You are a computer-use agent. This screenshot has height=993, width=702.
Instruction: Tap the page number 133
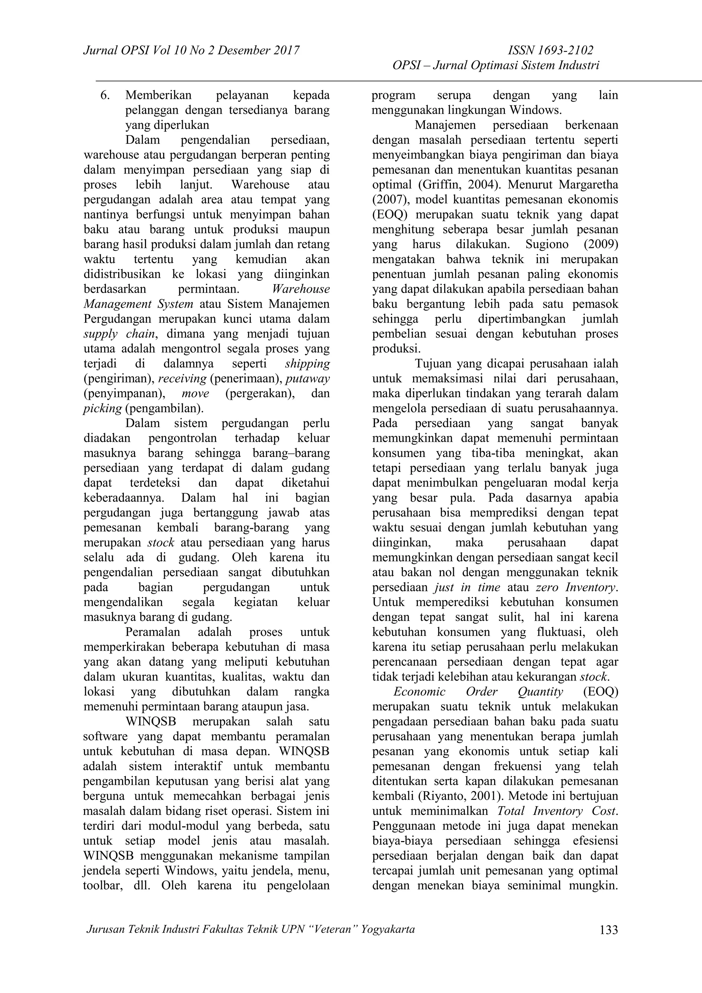(x=609, y=930)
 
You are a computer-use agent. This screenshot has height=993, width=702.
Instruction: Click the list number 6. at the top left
(x=105, y=95)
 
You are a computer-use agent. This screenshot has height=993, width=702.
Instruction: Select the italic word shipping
(x=307, y=364)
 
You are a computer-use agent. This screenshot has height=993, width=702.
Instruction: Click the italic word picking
(x=102, y=408)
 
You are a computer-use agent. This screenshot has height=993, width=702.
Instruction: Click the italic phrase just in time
(x=467, y=587)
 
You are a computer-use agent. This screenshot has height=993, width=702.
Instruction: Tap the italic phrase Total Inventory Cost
(x=558, y=811)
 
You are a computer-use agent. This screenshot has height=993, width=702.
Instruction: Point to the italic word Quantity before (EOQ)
(x=540, y=692)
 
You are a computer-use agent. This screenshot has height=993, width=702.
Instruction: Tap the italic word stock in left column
(x=161, y=543)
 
